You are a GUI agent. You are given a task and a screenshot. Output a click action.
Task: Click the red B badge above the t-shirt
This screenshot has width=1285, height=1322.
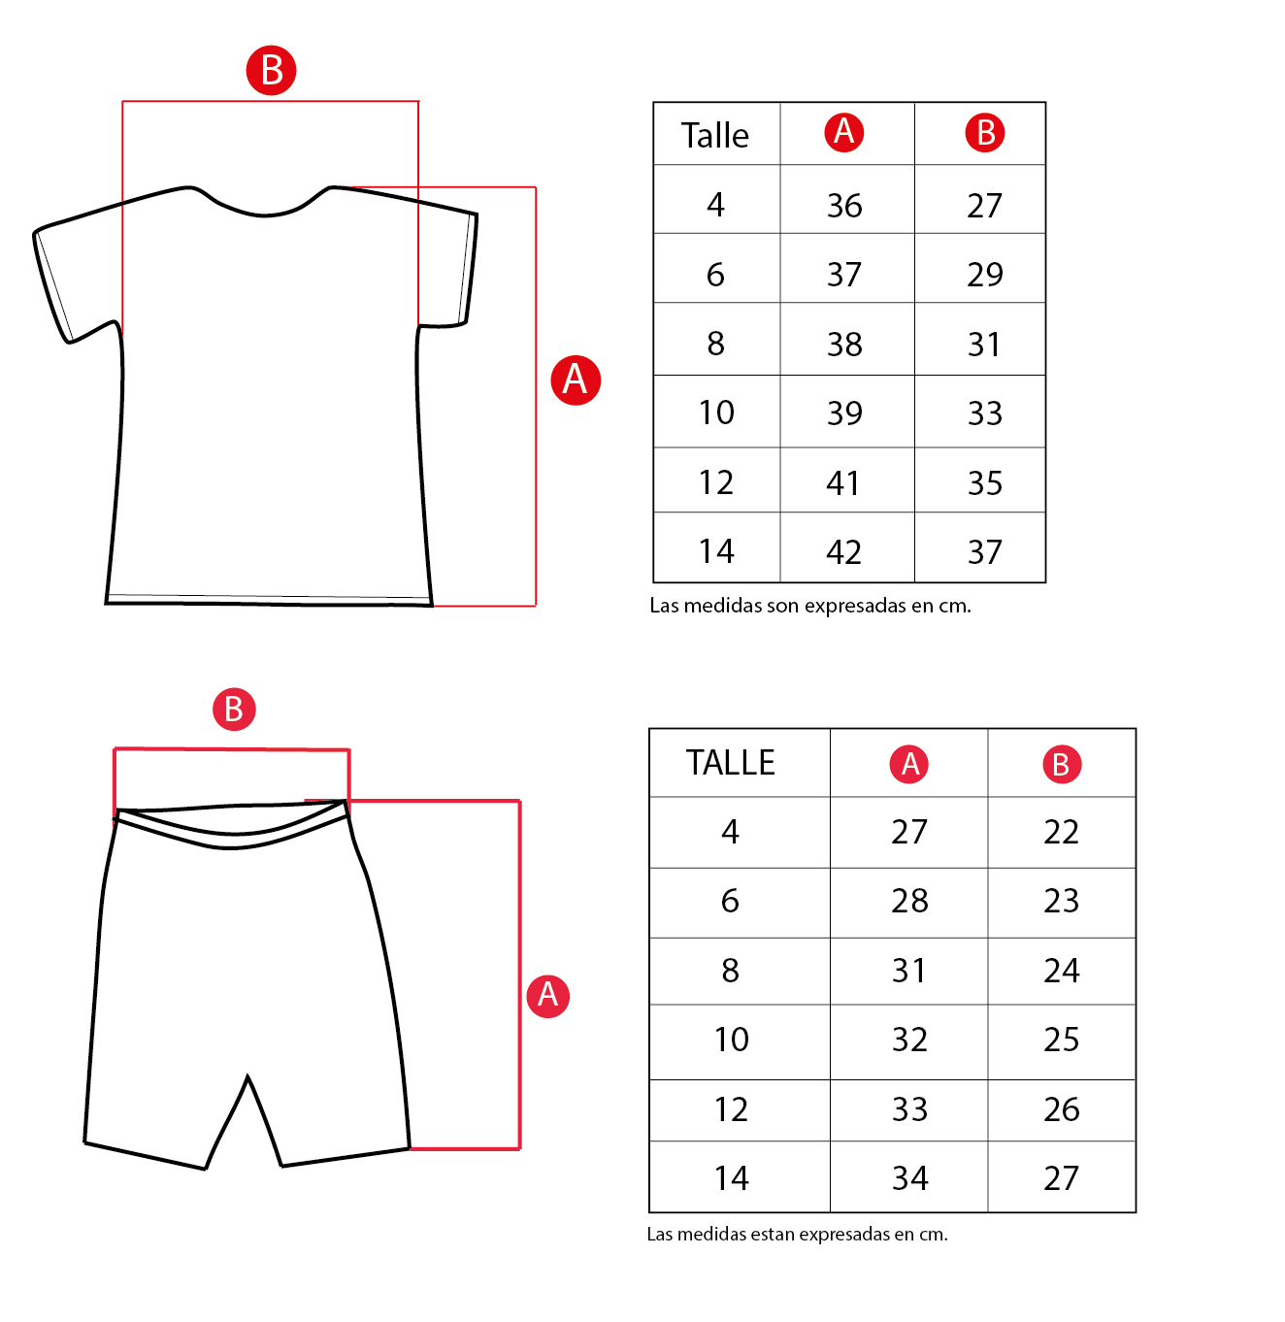click(x=271, y=70)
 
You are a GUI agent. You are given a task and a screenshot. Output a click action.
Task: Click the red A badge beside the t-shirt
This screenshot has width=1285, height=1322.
click(x=576, y=380)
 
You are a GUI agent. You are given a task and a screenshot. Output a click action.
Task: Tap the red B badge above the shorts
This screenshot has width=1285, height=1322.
click(x=234, y=710)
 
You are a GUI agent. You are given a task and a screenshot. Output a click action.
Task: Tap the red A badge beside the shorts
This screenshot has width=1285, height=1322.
click(x=547, y=995)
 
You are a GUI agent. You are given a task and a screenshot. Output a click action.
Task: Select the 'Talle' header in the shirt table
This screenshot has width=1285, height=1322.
click(x=715, y=136)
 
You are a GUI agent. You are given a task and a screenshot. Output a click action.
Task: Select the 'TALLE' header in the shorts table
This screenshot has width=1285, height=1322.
click(x=731, y=763)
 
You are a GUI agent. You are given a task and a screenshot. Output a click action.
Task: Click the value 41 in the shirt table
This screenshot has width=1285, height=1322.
click(x=843, y=482)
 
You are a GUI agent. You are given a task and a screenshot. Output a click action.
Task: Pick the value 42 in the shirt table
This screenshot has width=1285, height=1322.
click(x=843, y=552)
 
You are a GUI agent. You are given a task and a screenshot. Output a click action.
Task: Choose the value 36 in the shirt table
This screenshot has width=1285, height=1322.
click(x=844, y=206)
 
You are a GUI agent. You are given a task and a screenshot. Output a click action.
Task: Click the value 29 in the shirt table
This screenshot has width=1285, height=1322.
click(x=984, y=275)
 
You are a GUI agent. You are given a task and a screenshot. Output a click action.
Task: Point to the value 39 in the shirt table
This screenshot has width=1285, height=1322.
click(x=844, y=413)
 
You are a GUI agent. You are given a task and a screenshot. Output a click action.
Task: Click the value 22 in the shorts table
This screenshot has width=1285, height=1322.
click(x=1061, y=832)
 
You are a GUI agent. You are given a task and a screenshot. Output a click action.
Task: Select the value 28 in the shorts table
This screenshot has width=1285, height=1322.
click(x=909, y=901)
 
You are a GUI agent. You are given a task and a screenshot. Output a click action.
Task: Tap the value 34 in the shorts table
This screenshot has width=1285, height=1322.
click(x=909, y=1178)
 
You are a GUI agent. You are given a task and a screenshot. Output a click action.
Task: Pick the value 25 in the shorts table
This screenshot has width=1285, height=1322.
click(x=1061, y=1040)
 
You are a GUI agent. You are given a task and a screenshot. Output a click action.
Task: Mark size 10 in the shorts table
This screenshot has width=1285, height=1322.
click(x=732, y=1040)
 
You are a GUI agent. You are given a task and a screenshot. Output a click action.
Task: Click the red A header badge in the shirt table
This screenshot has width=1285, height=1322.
click(x=844, y=131)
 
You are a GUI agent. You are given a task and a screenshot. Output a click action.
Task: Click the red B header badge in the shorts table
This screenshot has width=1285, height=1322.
click(x=1061, y=764)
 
